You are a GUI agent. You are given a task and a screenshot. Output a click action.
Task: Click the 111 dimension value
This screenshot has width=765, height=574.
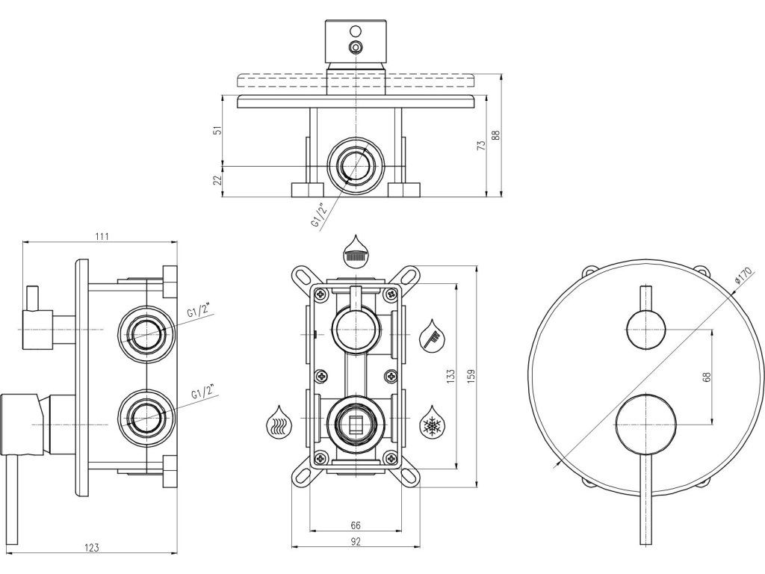102,236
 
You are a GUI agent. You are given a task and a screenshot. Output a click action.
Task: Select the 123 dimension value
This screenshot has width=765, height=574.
91,547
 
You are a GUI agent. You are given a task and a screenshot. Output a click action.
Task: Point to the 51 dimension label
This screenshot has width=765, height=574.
217,130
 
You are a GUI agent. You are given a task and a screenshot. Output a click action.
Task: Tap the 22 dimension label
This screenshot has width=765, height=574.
217,179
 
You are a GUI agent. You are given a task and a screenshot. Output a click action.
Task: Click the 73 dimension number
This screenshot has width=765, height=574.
482,146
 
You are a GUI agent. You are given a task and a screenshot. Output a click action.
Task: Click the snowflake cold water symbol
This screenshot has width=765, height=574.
432,423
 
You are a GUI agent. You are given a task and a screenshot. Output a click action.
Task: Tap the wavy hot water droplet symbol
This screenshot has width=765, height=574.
277,423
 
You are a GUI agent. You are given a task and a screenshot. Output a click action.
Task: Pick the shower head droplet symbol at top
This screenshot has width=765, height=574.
356,250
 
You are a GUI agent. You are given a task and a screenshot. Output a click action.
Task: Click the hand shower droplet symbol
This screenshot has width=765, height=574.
432,336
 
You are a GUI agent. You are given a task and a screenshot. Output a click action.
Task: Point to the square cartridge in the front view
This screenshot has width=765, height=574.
356,424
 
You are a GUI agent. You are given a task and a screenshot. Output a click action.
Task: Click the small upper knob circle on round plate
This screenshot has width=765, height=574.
645,330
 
